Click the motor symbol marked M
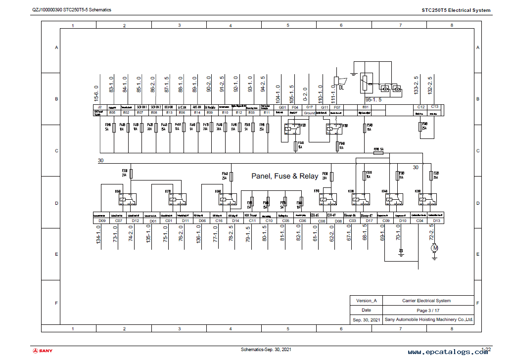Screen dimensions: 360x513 435,248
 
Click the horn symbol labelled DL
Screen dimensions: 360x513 337,82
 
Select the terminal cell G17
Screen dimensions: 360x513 310,107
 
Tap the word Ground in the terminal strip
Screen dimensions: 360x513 310,113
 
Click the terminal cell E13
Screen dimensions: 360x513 169,113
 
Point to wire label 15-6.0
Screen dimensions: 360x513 96,94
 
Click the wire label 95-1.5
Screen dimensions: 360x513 373,99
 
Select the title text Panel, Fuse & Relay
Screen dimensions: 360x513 285,176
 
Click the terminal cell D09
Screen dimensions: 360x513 102,221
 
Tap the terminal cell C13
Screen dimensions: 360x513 435,107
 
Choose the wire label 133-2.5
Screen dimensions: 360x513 416,85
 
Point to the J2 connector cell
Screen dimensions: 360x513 99,107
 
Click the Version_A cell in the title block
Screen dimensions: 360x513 367,301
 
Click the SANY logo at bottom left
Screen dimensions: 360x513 43,351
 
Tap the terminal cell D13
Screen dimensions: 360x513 436,221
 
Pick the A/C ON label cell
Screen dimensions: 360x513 182,107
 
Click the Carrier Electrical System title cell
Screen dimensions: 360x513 426,301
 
